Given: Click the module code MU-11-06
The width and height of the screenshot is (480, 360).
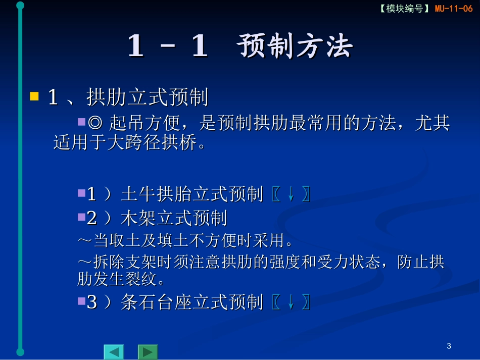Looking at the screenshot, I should point(454,9).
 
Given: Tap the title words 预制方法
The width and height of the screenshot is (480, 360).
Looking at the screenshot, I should point(295,47).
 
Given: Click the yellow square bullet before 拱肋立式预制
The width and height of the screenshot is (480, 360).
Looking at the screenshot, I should point(34,96).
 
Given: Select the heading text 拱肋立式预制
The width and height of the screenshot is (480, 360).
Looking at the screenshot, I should point(148,97).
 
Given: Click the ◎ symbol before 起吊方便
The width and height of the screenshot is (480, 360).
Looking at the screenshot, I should point(94,123).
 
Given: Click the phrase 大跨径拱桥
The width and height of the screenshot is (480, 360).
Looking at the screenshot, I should point(151,143).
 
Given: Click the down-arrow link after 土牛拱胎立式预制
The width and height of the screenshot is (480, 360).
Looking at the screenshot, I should point(291,194).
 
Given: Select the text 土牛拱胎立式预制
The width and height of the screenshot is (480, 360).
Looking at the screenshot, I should point(192,194).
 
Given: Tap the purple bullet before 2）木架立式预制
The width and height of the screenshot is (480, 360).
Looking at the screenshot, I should point(81,217).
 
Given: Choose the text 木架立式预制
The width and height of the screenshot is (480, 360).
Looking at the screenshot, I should point(174,219).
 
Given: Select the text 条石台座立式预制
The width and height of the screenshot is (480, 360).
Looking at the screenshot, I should point(192,302).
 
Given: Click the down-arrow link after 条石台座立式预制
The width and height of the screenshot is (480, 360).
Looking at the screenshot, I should point(291,302).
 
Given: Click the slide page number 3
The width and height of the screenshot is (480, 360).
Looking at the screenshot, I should point(449,346).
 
